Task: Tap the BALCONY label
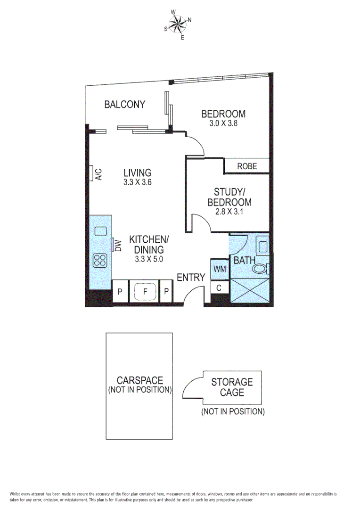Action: pyautogui.click(x=124, y=105)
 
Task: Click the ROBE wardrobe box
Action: pyautogui.click(x=246, y=166)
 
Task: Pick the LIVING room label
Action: pyautogui.click(x=137, y=172)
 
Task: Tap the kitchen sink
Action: pyautogui.click(x=101, y=231)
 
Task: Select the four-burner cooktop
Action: pyautogui.click(x=101, y=260)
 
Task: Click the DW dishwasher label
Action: pyautogui.click(x=118, y=245)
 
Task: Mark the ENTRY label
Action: pyautogui.click(x=191, y=278)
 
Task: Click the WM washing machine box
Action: pyautogui.click(x=219, y=269)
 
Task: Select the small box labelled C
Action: pyautogui.click(x=219, y=287)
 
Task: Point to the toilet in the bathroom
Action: pyautogui.click(x=260, y=269)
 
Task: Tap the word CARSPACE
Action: pyautogui.click(x=140, y=380)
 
